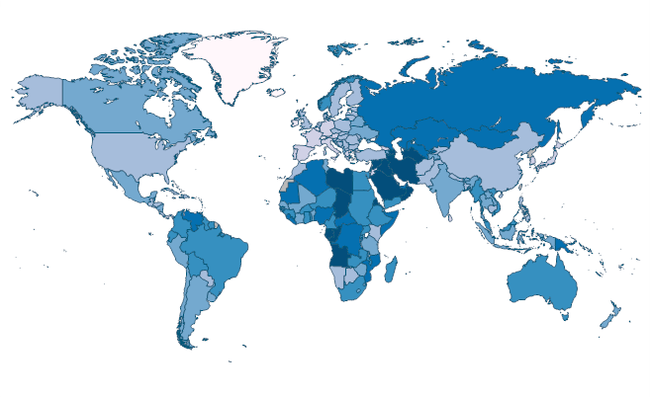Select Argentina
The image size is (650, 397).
[188, 306]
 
